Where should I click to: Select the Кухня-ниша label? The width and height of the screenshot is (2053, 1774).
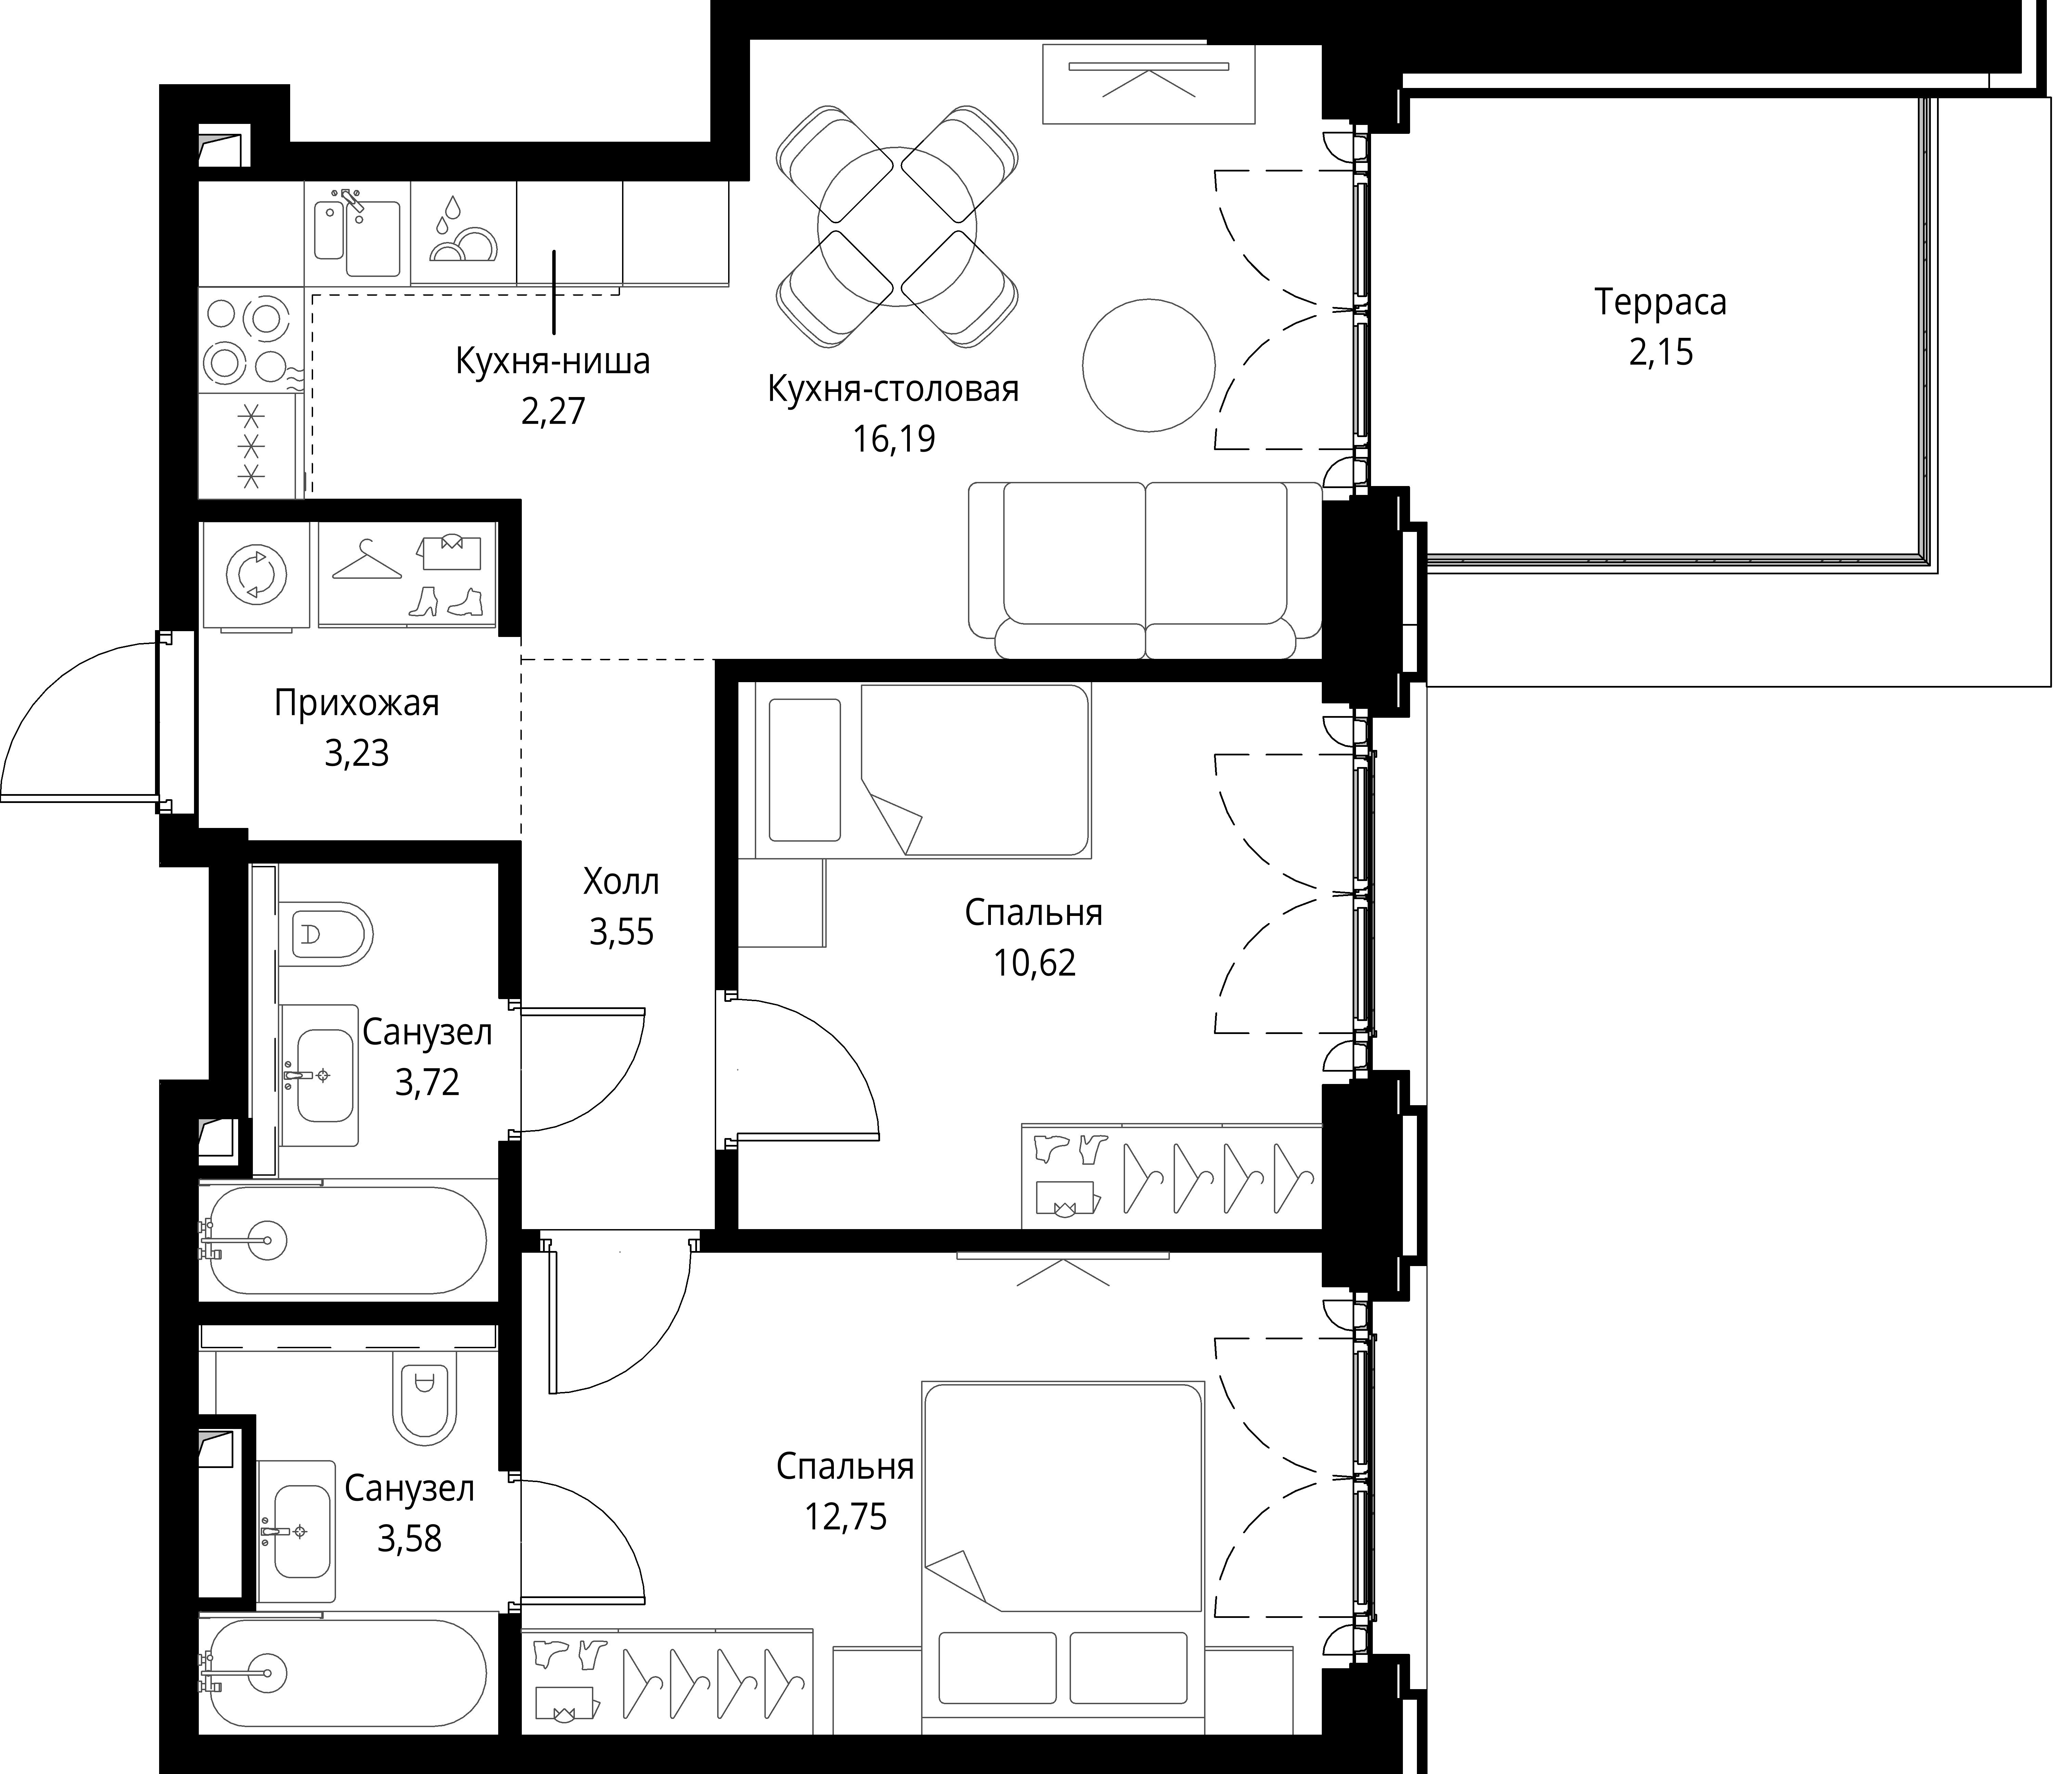click(553, 361)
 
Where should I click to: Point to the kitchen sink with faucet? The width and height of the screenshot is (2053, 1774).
click(357, 234)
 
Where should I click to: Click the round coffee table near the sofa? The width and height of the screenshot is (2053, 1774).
click(1148, 366)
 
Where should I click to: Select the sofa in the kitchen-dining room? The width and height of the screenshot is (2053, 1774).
click(1145, 570)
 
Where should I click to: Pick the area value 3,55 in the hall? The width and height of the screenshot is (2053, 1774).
click(621, 933)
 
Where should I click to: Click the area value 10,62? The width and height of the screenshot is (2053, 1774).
click(1034, 962)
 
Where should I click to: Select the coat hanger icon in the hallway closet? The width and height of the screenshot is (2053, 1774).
click(366, 561)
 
